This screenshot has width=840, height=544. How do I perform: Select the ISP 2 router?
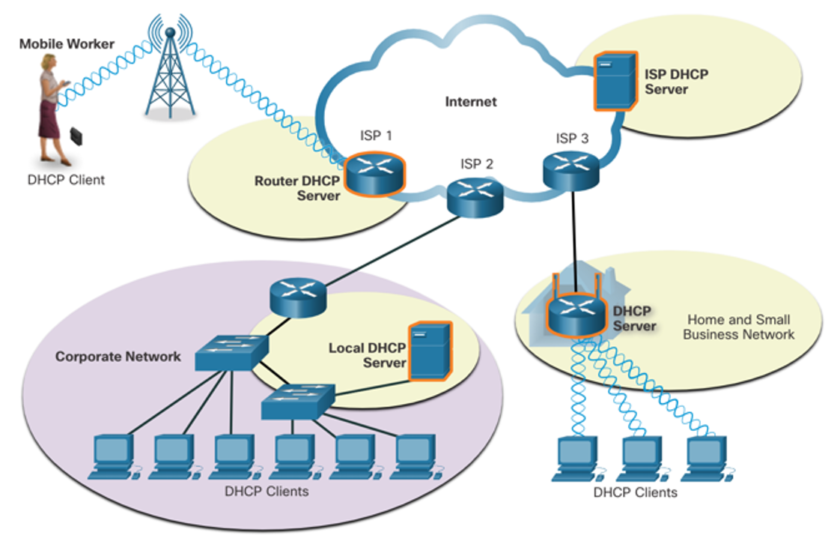pos(475,197)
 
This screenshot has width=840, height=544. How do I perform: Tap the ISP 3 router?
pos(571,170)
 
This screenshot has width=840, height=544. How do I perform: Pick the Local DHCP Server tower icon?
pos(430,351)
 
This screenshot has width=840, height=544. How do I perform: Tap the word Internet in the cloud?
pos(471,101)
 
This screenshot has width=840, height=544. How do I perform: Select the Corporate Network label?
pos(118,357)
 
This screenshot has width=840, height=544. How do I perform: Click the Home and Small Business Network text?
pos(739,327)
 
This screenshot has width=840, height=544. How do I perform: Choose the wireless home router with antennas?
pos(576,309)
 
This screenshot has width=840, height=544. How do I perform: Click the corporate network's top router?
pos(298,297)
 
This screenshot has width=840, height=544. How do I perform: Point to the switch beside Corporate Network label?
pos(231,352)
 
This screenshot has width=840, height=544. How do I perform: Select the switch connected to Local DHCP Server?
pos(298,402)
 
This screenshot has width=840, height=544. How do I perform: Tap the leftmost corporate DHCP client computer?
pos(115,457)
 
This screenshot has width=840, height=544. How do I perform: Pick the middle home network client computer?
pos(641,459)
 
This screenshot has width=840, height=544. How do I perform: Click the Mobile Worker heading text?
pos(67,44)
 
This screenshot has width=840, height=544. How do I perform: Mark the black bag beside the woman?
pos(76,136)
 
